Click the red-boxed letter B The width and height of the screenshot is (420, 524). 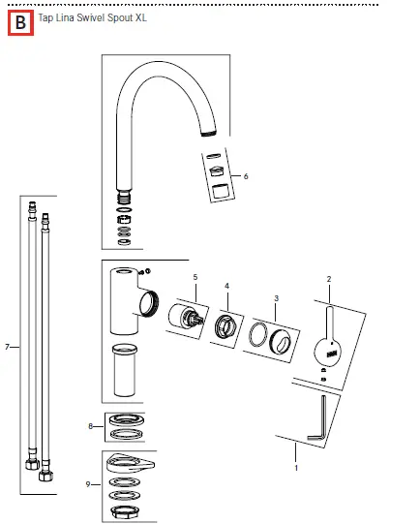coord(21,21)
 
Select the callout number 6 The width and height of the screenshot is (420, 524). coord(246,176)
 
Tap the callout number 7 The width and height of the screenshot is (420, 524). coord(7,346)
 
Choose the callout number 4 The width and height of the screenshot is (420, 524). coord(226,287)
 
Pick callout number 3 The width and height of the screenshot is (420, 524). coord(276,299)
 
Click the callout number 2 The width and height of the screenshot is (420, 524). coord(328,279)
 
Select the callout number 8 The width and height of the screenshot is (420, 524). coord(90,425)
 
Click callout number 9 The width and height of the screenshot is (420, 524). coord(90,482)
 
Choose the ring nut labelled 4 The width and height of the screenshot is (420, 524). coord(227,327)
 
